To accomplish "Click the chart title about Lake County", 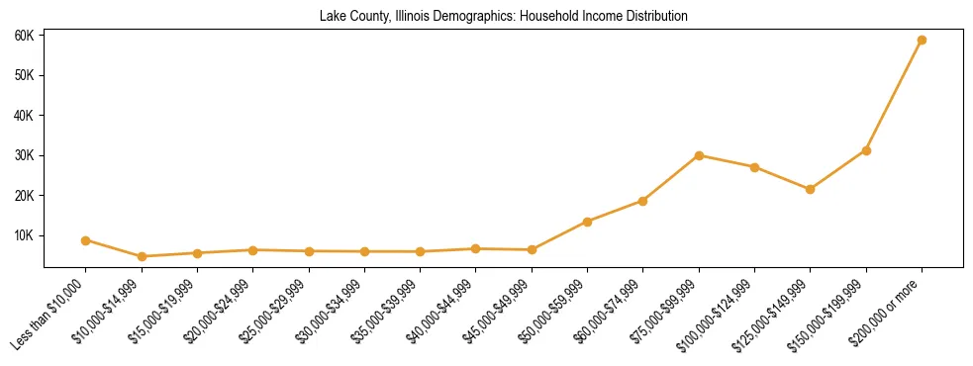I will [503, 17].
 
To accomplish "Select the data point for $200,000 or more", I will [922, 41].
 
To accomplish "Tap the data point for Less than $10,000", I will [86, 240].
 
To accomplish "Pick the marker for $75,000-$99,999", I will [699, 155].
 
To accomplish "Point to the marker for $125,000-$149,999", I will [810, 189].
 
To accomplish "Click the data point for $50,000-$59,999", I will [587, 222].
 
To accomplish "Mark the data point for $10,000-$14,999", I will [142, 257].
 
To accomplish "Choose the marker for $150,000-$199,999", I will [866, 150].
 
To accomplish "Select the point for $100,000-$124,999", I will [754, 167].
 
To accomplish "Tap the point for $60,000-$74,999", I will [642, 201].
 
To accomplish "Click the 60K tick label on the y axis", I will [25, 36].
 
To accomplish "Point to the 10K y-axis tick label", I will [25, 236].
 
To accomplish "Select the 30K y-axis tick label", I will [25, 156].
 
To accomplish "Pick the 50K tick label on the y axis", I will [25, 75].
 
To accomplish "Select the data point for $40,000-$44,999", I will [476, 249].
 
